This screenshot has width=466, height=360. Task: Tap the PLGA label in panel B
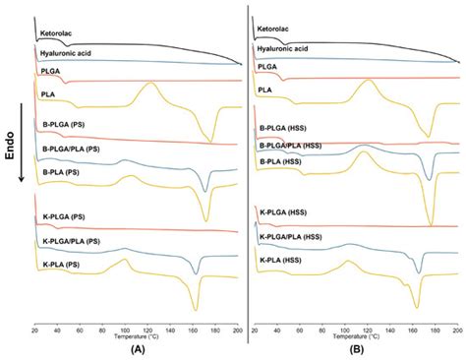click(267, 66)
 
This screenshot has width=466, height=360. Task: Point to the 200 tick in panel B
click(456, 326)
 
